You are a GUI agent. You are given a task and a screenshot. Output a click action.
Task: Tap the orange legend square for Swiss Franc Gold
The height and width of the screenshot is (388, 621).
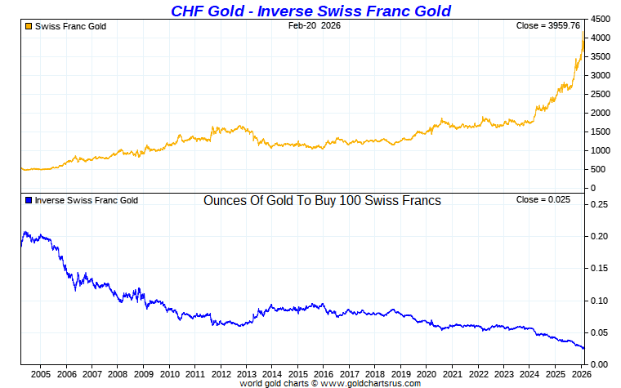pyautogui.click(x=29, y=26)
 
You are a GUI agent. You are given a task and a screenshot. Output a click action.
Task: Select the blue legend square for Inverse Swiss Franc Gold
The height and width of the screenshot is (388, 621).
pyautogui.click(x=29, y=200)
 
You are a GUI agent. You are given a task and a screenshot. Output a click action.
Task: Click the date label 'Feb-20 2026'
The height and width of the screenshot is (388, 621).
pyautogui.click(x=314, y=26)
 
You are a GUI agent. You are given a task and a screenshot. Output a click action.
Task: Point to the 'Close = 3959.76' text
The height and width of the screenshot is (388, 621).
pyautogui.click(x=550, y=26)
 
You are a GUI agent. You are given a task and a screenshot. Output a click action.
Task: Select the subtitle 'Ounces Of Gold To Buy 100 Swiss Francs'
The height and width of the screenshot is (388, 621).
pyautogui.click(x=322, y=200)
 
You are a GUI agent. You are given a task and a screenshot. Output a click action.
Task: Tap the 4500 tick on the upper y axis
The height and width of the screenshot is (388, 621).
pyautogui.click(x=600, y=19)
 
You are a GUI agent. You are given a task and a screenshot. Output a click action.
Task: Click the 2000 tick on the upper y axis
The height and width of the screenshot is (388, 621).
pyautogui.click(x=600, y=114)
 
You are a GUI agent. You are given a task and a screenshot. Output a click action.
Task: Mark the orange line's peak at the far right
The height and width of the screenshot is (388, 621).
pyautogui.click(x=583, y=34)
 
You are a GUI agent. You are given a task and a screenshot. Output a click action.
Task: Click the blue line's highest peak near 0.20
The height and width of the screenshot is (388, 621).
pyautogui.click(x=25, y=232)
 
